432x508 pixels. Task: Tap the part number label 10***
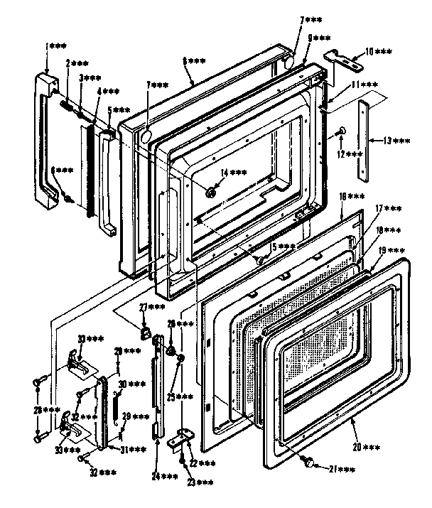382,52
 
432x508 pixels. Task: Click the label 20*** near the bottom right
367,446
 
